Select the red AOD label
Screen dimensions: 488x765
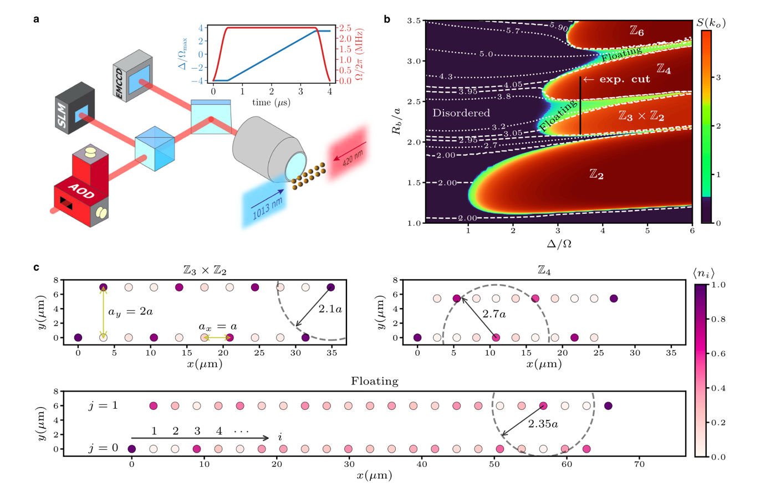(x=81, y=193)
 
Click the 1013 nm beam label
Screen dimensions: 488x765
(x=268, y=207)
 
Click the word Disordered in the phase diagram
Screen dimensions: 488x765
(x=461, y=113)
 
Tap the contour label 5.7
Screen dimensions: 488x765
(x=513, y=31)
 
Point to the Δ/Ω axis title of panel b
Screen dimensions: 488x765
(x=559, y=244)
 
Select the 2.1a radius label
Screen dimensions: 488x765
(x=330, y=309)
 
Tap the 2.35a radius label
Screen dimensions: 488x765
(x=542, y=424)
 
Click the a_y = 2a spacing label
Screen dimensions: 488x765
(x=130, y=312)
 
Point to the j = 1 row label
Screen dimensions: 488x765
(x=104, y=406)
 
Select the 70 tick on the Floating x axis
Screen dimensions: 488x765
(x=639, y=464)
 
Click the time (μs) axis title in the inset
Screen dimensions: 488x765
(x=272, y=102)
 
